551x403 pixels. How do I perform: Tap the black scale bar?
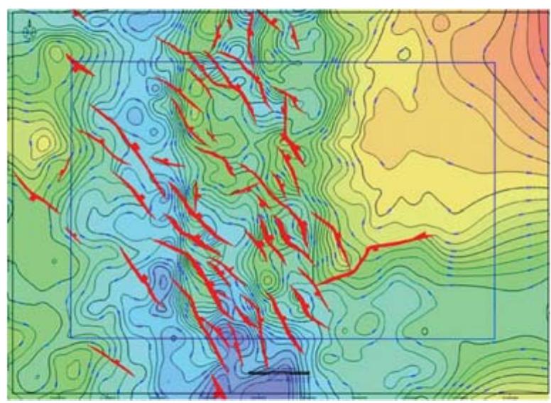(x=279, y=372)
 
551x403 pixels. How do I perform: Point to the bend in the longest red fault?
(x=369, y=249)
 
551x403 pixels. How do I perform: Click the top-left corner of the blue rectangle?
(x=71, y=62)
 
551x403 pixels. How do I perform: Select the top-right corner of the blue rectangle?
(x=494, y=62)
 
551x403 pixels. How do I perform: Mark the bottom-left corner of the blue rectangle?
(x=71, y=337)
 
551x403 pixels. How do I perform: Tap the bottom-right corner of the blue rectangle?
(x=494, y=337)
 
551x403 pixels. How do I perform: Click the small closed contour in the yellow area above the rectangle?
(x=404, y=53)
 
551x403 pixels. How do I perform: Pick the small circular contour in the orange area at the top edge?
(x=441, y=23)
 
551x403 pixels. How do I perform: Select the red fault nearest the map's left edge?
(x=36, y=194)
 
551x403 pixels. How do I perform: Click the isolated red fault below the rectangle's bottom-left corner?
(x=110, y=360)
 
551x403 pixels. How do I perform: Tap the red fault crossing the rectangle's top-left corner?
(x=80, y=65)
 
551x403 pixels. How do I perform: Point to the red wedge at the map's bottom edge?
(x=219, y=390)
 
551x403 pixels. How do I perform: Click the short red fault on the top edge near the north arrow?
(x=78, y=14)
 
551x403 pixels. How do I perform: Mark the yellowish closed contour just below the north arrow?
(x=55, y=53)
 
